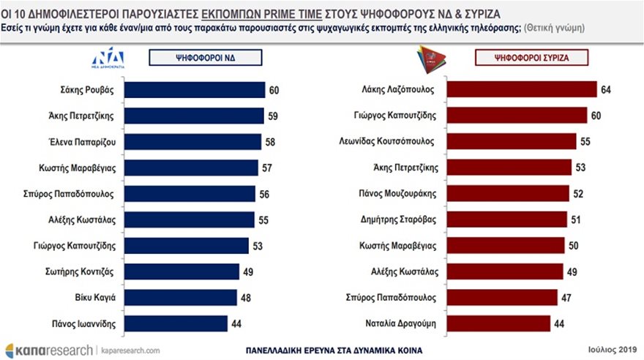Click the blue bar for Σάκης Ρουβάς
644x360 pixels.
(x=195, y=90)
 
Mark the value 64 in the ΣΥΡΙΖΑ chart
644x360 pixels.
(x=606, y=90)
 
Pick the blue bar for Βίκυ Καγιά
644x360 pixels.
(x=181, y=297)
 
